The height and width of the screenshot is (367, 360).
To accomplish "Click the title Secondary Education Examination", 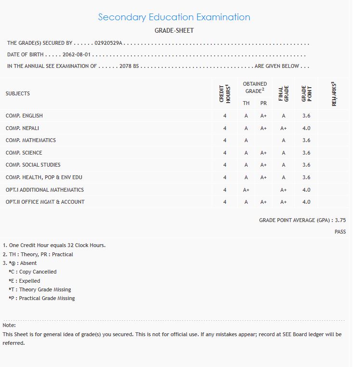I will tap(174, 17).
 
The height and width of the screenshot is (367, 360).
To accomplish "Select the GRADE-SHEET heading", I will tap(174, 31).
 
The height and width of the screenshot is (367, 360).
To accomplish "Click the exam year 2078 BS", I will tap(129, 66).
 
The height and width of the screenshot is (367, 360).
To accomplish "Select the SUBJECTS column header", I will tap(18, 93).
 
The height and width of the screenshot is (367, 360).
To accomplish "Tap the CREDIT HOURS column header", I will tap(224, 93).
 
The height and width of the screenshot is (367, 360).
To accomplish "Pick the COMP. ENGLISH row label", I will tap(24, 116).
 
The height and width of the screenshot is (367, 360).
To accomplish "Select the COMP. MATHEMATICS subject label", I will tap(31, 141).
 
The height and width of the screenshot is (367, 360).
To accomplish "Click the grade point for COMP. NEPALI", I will tap(306, 129).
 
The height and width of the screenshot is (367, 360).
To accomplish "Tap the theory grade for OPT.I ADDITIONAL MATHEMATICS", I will tap(246, 190).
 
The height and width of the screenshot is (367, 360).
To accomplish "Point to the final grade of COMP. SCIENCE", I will tap(283, 153).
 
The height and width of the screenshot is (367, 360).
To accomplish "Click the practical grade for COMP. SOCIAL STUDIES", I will tap(263, 165).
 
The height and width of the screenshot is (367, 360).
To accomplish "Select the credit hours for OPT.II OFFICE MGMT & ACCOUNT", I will tap(225, 202).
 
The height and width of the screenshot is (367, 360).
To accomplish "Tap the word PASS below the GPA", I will tap(340, 232).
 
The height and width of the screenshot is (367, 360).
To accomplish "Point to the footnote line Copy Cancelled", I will tap(33, 272).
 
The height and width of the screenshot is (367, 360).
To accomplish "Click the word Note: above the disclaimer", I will tap(9, 326).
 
